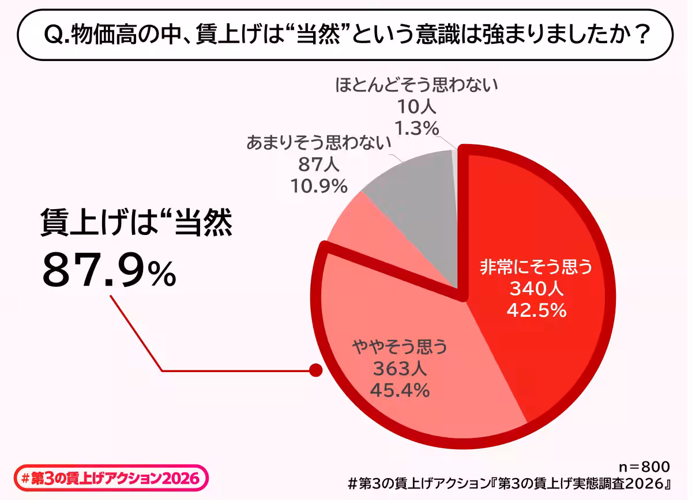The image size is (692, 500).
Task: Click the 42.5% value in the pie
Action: click(x=536, y=310)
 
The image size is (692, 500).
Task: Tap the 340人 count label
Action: click(x=536, y=289)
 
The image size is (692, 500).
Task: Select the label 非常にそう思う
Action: click(x=536, y=268)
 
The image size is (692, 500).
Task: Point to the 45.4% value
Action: click(x=400, y=390)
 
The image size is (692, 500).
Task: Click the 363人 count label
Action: click(x=400, y=369)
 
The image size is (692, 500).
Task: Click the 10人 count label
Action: click(x=416, y=107)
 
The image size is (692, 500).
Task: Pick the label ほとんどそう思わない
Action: click(x=416, y=86)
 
